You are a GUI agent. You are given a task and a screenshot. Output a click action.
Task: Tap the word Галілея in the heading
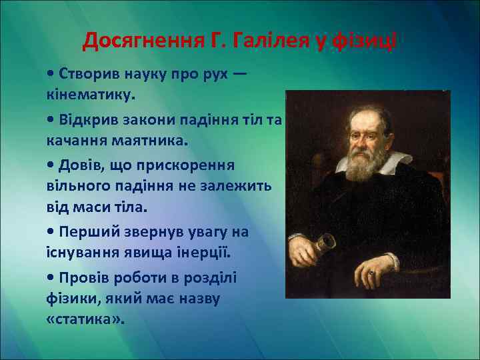pyautogui.click(x=262, y=42)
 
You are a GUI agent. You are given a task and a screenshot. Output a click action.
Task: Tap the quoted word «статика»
pyautogui.click(x=86, y=319)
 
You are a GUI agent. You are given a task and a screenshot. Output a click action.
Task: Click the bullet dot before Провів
pyautogui.click(x=51, y=277)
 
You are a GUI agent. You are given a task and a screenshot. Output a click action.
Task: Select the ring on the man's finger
pyautogui.click(x=371, y=273)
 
